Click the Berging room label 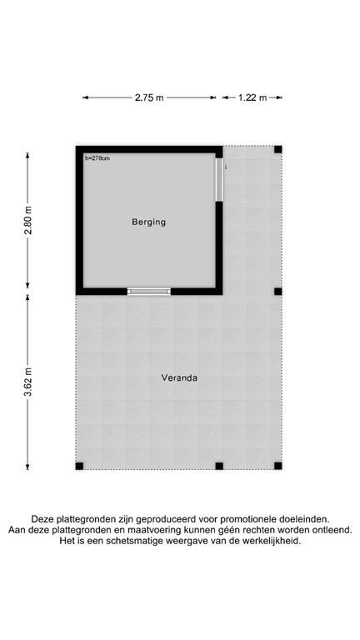(149, 222)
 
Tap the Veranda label (179, 377)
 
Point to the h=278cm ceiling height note (97, 158)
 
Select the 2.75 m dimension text (149, 97)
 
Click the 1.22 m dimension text (252, 97)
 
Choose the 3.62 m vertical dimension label (28, 382)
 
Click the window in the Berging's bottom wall (148, 292)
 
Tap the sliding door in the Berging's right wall (220, 179)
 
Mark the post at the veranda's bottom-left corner (79, 466)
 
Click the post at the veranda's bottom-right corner (278, 466)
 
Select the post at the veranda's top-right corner (278, 150)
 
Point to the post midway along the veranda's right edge (278, 292)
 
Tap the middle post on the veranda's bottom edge (218, 466)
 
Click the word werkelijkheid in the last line (268, 541)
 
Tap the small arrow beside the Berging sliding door (227, 165)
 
